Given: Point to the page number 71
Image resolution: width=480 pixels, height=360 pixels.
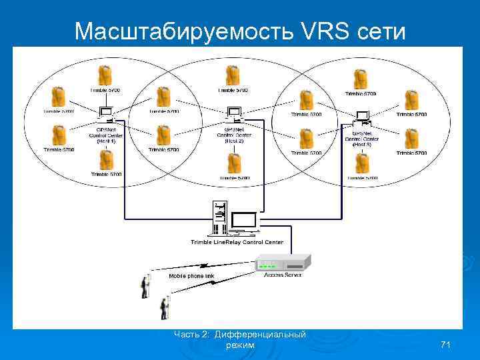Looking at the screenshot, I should pos(446,344).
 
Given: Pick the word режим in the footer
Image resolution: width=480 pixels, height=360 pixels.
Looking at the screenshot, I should pos(241,345).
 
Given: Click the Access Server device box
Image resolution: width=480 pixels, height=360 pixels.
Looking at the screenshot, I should pos(283,262).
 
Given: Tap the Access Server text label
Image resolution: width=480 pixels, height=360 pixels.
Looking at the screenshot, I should pos(283,275).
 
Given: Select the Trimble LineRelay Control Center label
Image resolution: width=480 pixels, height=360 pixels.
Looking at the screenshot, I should pos(237,242).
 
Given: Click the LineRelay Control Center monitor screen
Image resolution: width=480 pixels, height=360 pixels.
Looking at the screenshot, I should pos(245,221).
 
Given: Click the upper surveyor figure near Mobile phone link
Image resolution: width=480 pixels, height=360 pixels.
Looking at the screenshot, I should pos(144,286).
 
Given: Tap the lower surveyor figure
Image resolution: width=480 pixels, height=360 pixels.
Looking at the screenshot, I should pos(163,308).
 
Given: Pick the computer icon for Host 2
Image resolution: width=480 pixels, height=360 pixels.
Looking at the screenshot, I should pos(234,114).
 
